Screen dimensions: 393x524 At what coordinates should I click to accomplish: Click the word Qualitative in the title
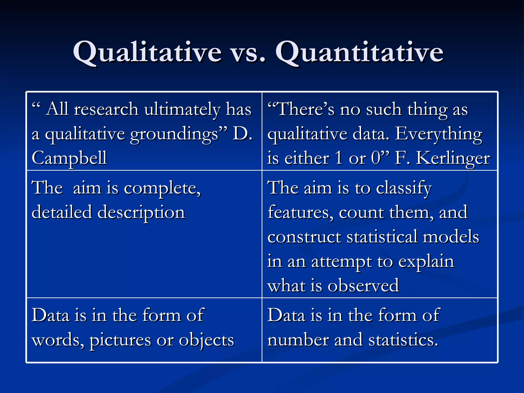click(147, 52)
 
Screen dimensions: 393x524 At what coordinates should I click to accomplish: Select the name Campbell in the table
click(69, 158)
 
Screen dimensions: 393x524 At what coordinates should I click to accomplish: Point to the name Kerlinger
click(453, 158)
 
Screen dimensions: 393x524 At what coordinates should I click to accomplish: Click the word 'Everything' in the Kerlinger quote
click(439, 134)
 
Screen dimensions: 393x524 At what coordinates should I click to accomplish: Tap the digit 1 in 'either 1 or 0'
click(339, 158)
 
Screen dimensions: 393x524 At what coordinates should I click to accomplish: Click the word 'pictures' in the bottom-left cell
click(120, 341)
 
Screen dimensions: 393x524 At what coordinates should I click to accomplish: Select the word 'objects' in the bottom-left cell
click(206, 341)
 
